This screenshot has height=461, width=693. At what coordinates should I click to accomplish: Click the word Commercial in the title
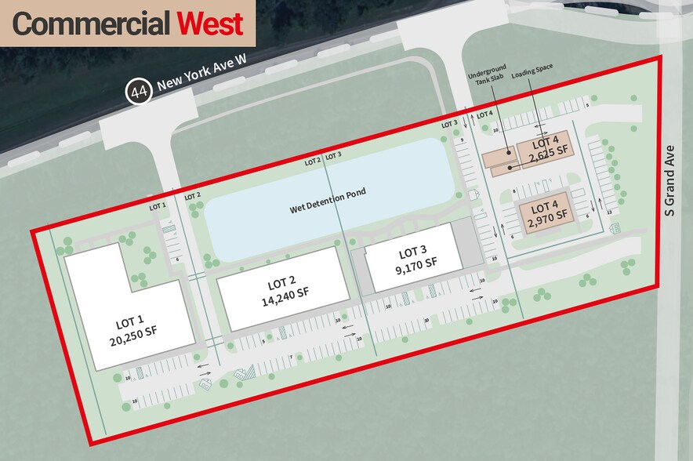pyautogui.click(x=91, y=24)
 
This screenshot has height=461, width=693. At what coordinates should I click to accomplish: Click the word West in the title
pyautogui.click(x=209, y=24)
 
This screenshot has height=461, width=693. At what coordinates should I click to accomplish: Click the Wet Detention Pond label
pyautogui.click(x=328, y=201)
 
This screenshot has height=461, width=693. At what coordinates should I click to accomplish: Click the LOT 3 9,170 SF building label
pyautogui.click(x=412, y=260)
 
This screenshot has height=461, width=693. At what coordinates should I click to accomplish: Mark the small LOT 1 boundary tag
pyautogui.click(x=158, y=205)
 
